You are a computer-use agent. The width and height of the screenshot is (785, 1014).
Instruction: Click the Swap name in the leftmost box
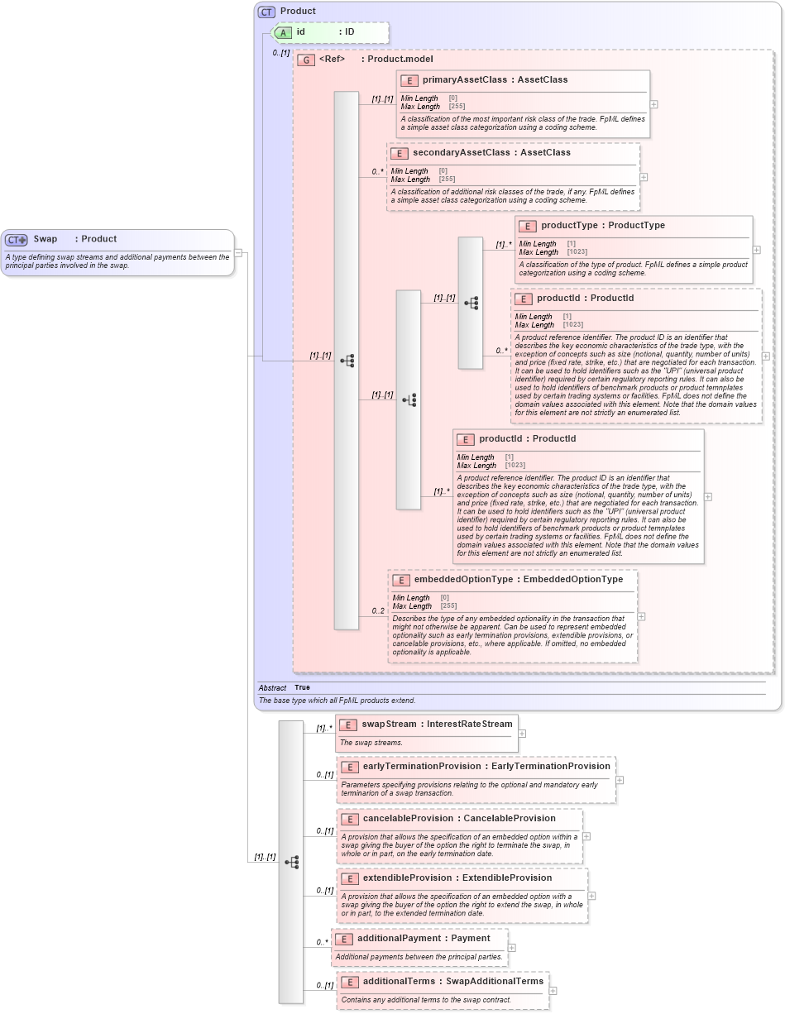pyautogui.click(x=45, y=239)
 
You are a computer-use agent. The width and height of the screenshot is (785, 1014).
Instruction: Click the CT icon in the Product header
pyautogui.click(x=266, y=12)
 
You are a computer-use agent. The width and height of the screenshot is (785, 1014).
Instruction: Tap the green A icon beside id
pyautogui.click(x=284, y=32)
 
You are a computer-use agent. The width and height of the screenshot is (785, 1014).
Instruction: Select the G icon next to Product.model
pyautogui.click(x=306, y=60)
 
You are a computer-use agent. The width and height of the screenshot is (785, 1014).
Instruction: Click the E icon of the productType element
pyautogui.click(x=525, y=226)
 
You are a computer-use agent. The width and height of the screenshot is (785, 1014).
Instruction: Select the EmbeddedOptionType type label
pyautogui.click(x=573, y=580)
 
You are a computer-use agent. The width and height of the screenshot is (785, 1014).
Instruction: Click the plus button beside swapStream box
pyautogui.click(x=522, y=733)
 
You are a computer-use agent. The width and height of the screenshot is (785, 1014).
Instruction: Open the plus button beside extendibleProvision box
pyautogui.click(x=591, y=896)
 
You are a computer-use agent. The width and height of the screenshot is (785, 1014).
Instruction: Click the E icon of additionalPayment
pyautogui.click(x=343, y=939)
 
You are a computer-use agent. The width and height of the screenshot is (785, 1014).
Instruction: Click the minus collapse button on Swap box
pyautogui.click(x=238, y=253)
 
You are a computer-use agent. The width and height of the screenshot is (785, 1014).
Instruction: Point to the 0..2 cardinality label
pyautogui.click(x=378, y=611)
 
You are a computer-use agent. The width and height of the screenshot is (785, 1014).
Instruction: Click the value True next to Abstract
pyautogui.click(x=302, y=687)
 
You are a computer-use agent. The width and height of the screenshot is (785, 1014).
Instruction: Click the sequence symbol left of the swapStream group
pyautogui.click(x=291, y=862)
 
